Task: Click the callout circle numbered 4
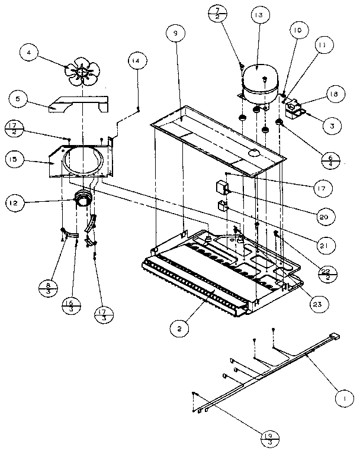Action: tap(28, 53)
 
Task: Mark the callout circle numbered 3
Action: tap(332, 125)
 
